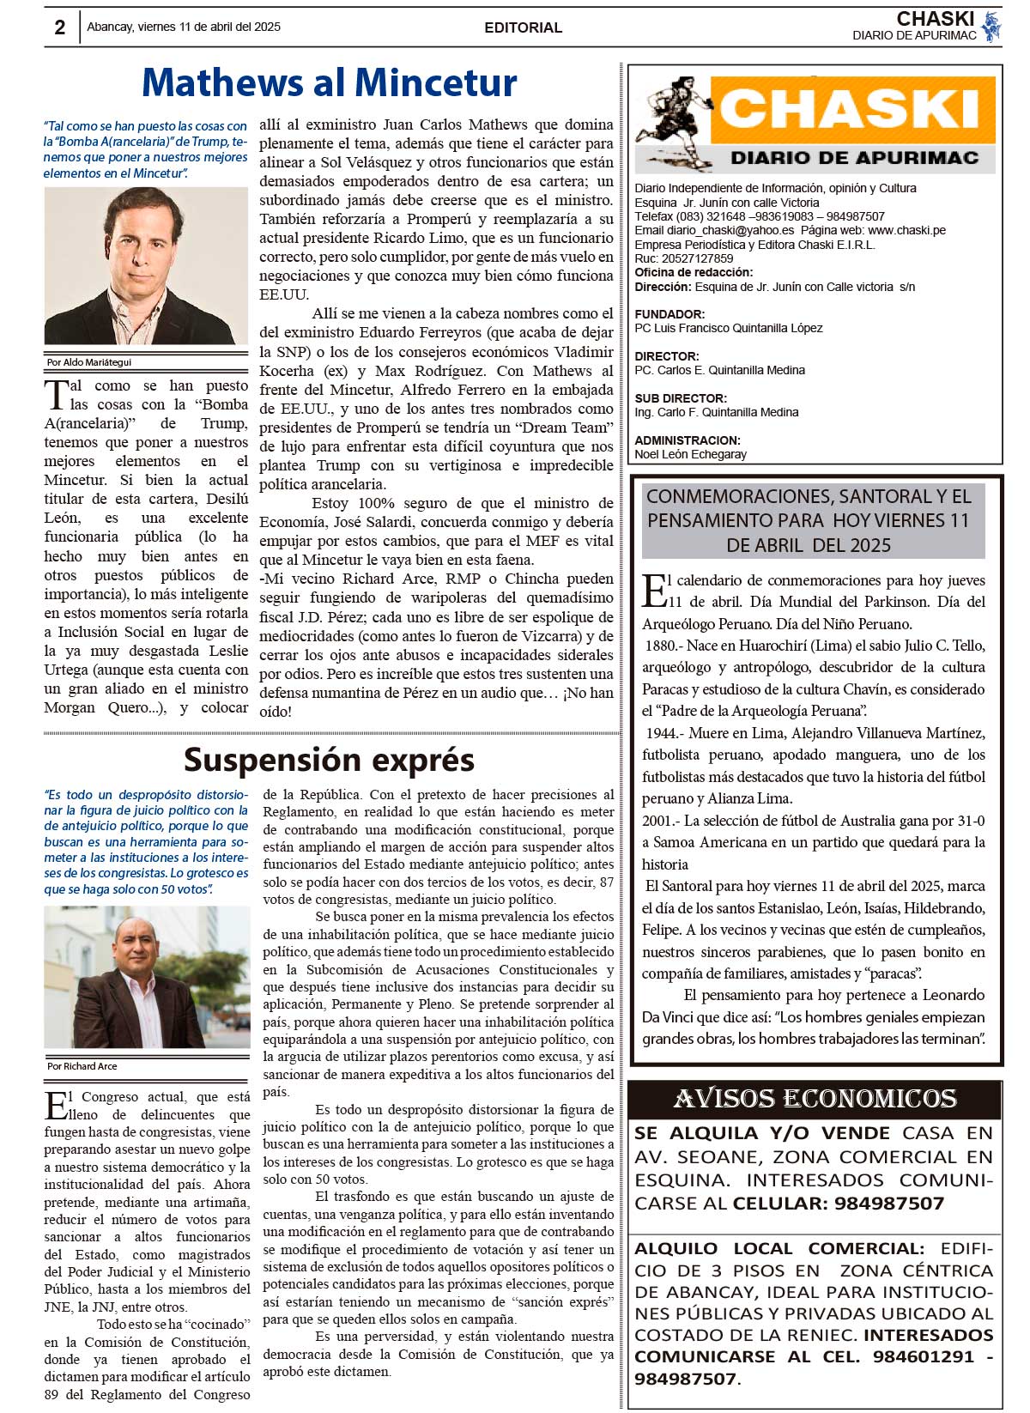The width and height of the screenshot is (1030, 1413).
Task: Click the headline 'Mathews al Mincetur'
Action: point(330,83)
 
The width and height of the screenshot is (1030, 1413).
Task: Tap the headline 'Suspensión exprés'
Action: point(329,760)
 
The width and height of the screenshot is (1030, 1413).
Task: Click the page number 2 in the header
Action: point(59,27)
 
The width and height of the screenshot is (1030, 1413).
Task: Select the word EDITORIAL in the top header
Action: point(523,27)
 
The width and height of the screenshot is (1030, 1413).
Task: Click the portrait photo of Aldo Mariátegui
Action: point(146,266)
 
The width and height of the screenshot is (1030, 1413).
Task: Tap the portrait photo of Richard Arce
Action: point(147,977)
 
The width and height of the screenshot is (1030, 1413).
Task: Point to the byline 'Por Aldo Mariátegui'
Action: point(88,362)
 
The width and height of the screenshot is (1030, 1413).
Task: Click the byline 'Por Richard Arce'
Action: point(82,1066)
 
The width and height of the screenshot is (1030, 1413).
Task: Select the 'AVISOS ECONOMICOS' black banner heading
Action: point(815,1099)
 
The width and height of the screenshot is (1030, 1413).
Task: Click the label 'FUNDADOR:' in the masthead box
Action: point(669,314)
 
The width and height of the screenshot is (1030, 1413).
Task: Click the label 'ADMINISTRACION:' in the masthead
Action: point(688,440)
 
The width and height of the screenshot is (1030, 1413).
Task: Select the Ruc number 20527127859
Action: point(697,258)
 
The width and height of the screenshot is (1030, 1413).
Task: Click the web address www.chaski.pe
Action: point(906,230)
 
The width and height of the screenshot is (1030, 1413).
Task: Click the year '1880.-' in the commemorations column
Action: point(664,646)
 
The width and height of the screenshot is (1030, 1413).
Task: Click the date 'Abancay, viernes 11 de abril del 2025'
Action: point(184,27)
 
